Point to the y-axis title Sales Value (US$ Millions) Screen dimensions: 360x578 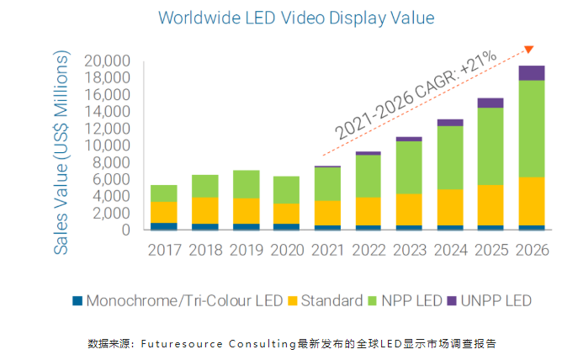(x=61, y=152)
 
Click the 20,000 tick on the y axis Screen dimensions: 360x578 (x=107, y=61)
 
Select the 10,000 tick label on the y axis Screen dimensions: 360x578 (x=107, y=146)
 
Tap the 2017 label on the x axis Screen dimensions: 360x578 (x=164, y=250)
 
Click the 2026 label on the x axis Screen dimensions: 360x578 (x=531, y=250)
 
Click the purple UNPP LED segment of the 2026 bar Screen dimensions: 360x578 (x=531, y=73)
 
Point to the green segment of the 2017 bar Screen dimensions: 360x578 (x=164, y=193)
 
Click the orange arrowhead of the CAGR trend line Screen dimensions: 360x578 (x=528, y=50)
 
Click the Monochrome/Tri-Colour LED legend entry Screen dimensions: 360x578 (x=178, y=300)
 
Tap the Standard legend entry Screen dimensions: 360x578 (x=325, y=300)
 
